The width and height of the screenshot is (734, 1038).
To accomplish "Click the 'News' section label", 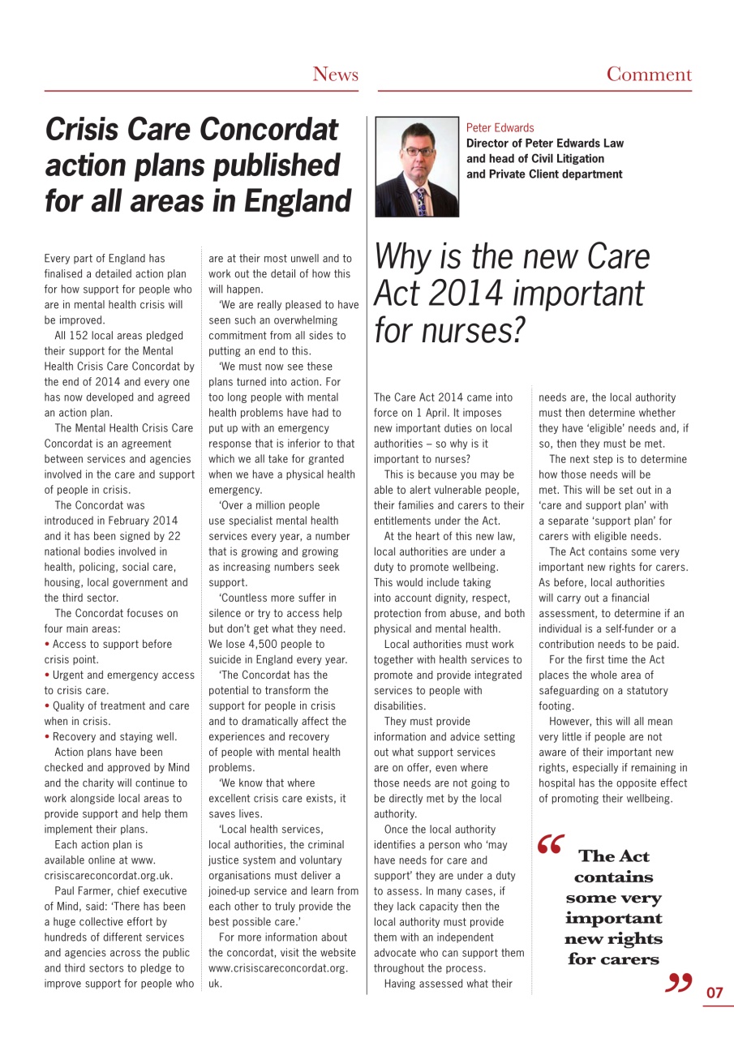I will point(335,75).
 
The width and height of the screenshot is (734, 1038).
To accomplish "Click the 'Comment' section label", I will point(649,75).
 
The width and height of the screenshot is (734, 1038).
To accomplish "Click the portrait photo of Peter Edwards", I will point(417,167).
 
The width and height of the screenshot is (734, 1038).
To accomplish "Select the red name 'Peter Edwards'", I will point(500,128).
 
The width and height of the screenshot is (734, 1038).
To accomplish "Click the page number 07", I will point(715,993).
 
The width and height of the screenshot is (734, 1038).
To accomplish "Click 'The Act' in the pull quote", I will point(613,856).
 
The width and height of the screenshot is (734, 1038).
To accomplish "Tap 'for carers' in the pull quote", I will point(613,960).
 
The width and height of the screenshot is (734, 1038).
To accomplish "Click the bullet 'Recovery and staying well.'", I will point(114,737).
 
